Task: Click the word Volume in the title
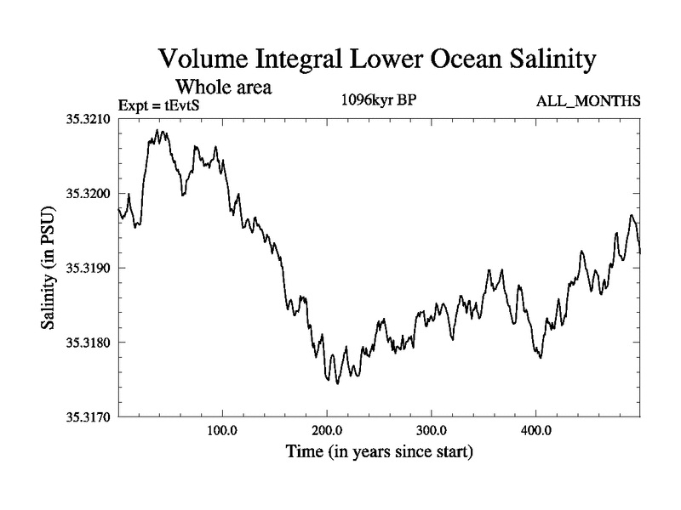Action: click(x=209, y=59)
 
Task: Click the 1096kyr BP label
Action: click(x=378, y=99)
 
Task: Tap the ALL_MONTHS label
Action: click(x=587, y=102)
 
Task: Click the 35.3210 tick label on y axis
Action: click(x=88, y=119)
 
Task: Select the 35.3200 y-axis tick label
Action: click(x=88, y=194)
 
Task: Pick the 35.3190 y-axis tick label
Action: click(x=88, y=268)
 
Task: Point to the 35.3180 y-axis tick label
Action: click(x=88, y=343)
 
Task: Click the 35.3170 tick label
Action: click(x=88, y=416)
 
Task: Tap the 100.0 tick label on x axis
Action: click(x=222, y=430)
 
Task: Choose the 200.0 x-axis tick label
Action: click(x=327, y=430)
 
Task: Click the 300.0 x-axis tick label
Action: click(x=432, y=430)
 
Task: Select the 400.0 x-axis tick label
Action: click(x=536, y=430)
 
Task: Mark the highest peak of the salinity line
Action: click(x=157, y=131)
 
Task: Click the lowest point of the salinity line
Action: click(x=338, y=383)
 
